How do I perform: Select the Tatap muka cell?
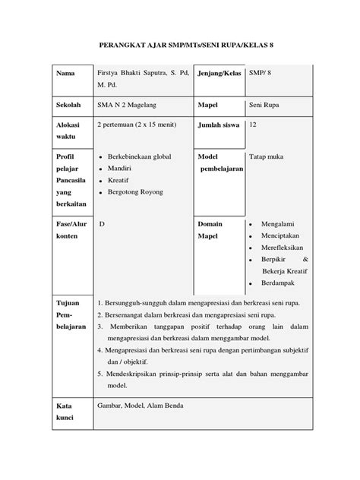tap(267, 156)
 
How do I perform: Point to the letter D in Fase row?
tap(103, 226)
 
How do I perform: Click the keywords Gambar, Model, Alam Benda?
tap(140, 405)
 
